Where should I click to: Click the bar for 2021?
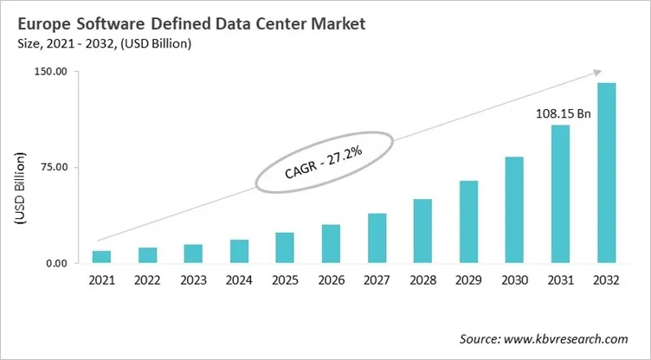pos(101,257)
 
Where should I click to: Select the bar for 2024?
pos(239,251)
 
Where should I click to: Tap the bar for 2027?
pos(377,238)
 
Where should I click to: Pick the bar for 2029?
pos(468,222)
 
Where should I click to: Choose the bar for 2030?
pos(514,209)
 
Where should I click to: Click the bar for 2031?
pos(560,194)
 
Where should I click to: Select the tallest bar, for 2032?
pos(606,173)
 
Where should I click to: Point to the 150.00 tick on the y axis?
pos(50,72)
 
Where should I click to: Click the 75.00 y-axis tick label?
pos(53,167)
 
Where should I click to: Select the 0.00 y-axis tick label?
pos(55,263)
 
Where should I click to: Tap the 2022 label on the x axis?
pos(147,280)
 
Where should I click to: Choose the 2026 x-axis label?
pos(331,280)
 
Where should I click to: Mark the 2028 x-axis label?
pos(422,280)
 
